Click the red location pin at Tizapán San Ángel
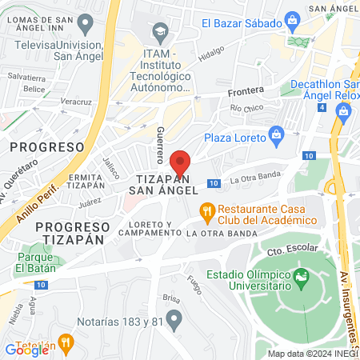coord(181,162)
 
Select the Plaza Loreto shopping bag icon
coord(278,133)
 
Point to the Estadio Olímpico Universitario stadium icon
coord(302,278)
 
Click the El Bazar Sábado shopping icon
coord(293,19)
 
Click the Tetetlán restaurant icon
coord(66,343)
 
